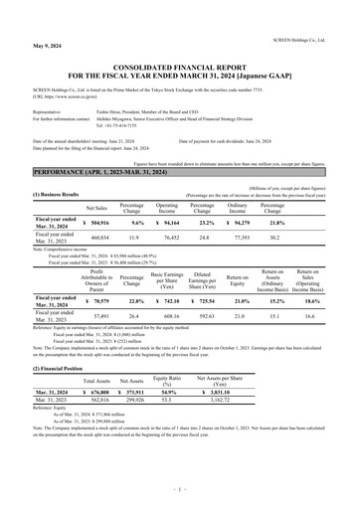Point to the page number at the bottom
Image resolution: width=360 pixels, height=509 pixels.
tap(179, 491)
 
